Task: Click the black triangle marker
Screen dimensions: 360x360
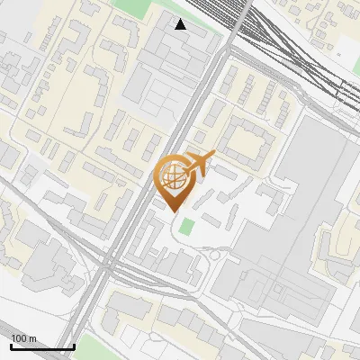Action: (x=181, y=24)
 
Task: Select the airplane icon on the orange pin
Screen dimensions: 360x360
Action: (x=197, y=165)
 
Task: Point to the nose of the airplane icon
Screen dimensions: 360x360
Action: (x=213, y=155)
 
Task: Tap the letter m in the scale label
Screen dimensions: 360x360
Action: (x=33, y=338)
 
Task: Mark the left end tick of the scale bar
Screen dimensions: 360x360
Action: (x=11, y=346)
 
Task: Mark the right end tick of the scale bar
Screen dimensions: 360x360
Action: (x=74, y=346)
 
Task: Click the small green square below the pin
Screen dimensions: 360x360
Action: (x=186, y=226)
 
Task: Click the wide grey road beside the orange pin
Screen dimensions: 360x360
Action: (x=148, y=193)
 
